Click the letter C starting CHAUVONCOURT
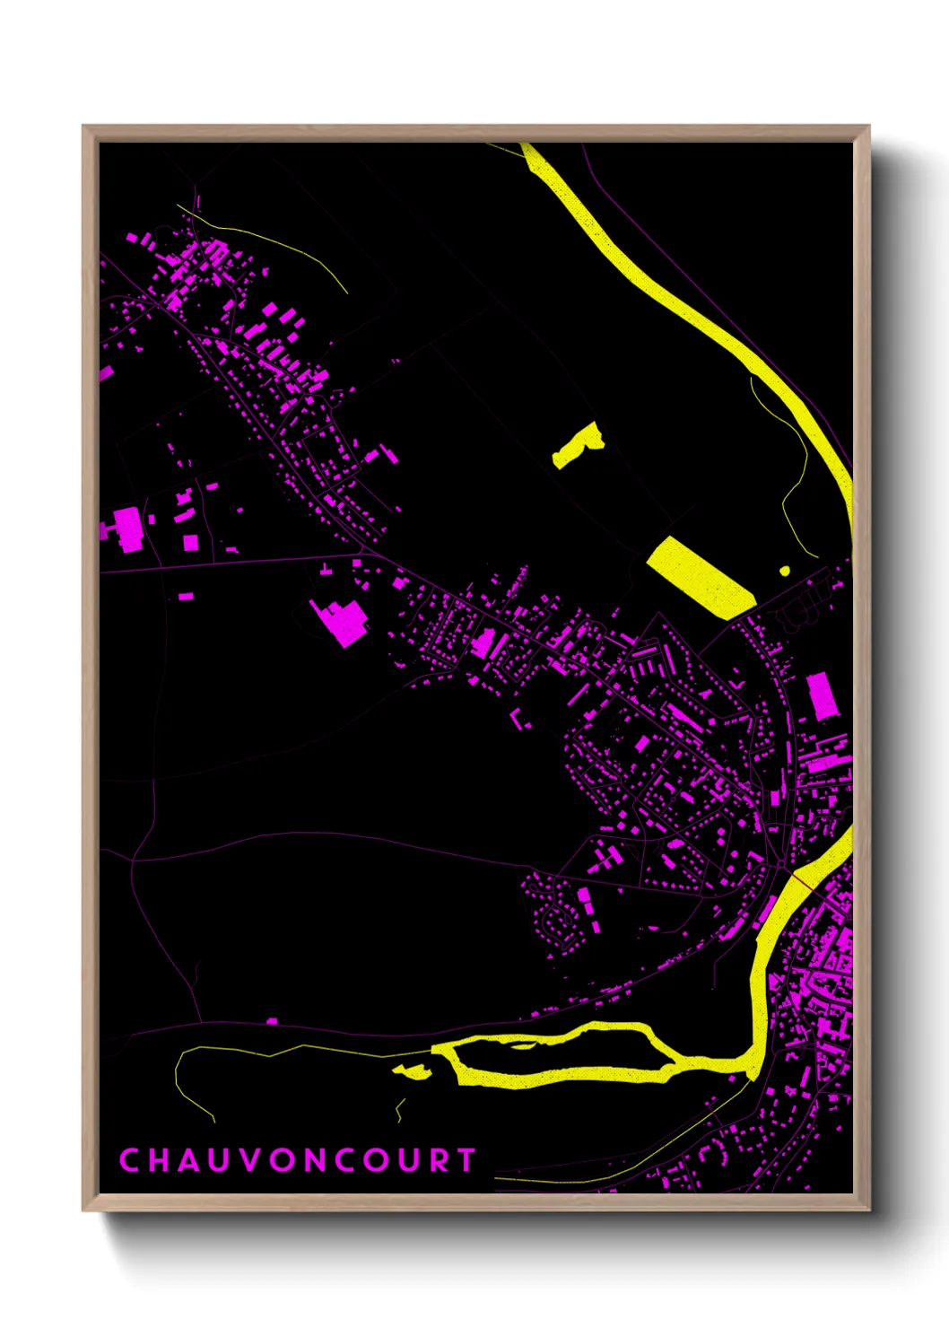tap(129, 1160)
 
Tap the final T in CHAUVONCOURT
tap(466, 1160)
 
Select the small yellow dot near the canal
tap(785, 570)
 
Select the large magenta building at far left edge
tap(128, 529)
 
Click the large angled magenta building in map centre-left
tap(342, 620)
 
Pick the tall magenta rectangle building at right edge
tap(822, 695)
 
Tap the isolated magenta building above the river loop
tap(273, 1020)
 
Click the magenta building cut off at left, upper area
tap(105, 372)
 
